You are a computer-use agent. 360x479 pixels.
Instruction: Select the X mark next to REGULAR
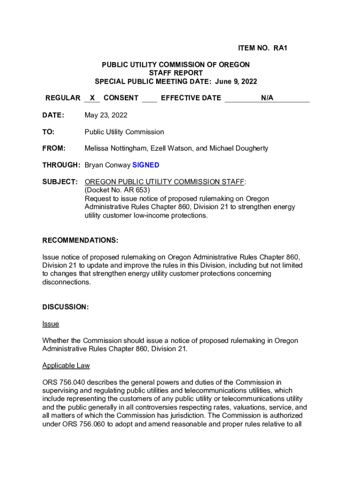click(x=93, y=98)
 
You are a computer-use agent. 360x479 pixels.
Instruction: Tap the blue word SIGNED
click(x=146, y=165)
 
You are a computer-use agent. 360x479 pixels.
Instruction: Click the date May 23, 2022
click(x=106, y=115)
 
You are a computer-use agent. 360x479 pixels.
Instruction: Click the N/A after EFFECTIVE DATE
click(x=267, y=98)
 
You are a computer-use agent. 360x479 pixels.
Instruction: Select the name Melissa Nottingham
click(x=114, y=148)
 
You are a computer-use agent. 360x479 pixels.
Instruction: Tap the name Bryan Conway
click(x=107, y=165)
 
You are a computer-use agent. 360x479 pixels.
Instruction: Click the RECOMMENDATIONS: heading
click(x=80, y=240)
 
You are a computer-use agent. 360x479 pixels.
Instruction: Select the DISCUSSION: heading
click(x=65, y=307)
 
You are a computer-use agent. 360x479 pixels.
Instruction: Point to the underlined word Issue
click(x=50, y=324)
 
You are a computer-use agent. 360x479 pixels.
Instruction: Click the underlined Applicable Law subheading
click(x=66, y=365)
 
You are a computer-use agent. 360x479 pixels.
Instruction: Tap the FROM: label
click(x=54, y=148)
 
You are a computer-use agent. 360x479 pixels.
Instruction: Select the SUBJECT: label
click(x=60, y=181)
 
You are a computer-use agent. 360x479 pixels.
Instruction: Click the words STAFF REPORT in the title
click(x=176, y=73)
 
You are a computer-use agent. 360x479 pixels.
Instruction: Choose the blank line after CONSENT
click(x=149, y=99)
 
